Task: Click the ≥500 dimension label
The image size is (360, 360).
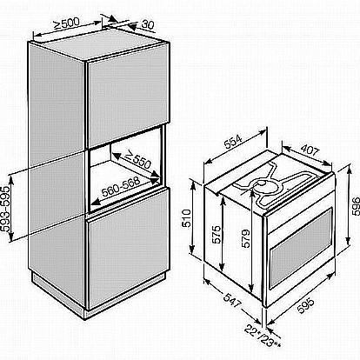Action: pyautogui.click(x=66, y=23)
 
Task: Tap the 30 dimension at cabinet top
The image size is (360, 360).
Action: pyautogui.click(x=148, y=25)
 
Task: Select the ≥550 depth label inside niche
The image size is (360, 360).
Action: pyautogui.click(x=137, y=160)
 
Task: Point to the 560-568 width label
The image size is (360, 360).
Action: pyautogui.click(x=121, y=186)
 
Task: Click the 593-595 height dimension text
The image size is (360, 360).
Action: pyautogui.click(x=5, y=209)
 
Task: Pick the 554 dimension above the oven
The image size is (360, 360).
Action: pyautogui.click(x=233, y=142)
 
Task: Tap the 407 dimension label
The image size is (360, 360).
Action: pyautogui.click(x=310, y=150)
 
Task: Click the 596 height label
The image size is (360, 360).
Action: pyautogui.click(x=355, y=206)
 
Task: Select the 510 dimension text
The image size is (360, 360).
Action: pyautogui.click(x=187, y=218)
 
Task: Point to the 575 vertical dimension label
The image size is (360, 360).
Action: pyautogui.click(x=216, y=234)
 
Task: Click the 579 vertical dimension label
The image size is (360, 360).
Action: pyautogui.click(x=245, y=238)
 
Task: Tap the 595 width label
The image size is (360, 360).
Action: pyautogui.click(x=305, y=305)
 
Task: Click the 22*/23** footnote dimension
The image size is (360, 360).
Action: pyautogui.click(x=263, y=337)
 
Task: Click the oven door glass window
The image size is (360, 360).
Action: pyautogui.click(x=301, y=249)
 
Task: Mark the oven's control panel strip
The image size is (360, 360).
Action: pyautogui.click(x=299, y=205)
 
